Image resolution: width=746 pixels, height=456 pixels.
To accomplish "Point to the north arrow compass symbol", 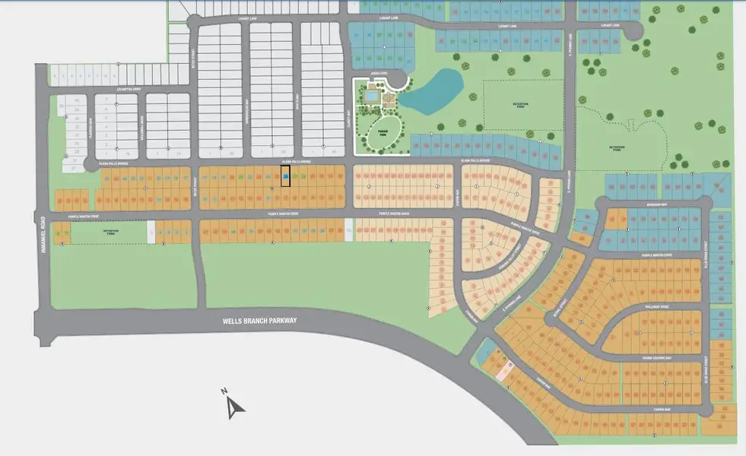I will [234, 405].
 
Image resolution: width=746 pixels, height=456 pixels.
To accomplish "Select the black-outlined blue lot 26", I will [286, 177].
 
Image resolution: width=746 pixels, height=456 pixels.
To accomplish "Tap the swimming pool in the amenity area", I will [370, 97].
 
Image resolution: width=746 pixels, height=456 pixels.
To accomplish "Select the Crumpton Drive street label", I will [129, 89].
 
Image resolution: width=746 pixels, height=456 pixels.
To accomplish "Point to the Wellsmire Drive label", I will [659, 307].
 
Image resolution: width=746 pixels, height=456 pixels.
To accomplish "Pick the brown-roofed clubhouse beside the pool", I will [389, 97].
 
